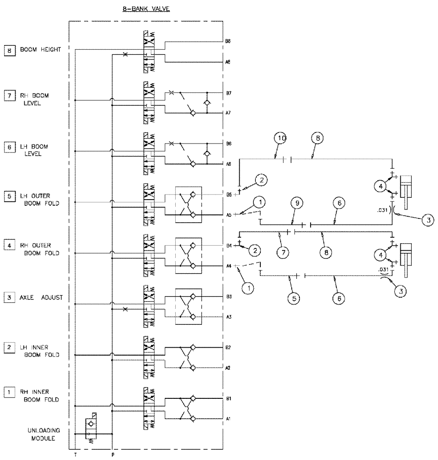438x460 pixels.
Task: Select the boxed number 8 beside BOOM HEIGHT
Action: point(8,50)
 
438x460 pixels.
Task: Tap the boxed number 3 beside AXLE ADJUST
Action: point(8,298)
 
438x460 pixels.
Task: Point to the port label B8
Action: point(228,41)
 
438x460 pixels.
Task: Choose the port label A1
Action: point(228,419)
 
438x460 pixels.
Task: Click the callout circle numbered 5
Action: point(295,298)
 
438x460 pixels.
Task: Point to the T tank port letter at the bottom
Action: point(75,454)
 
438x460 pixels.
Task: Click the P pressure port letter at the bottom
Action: point(113,454)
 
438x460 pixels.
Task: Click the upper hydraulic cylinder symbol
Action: point(406,191)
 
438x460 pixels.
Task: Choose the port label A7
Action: point(228,113)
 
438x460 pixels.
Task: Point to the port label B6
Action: point(228,144)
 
